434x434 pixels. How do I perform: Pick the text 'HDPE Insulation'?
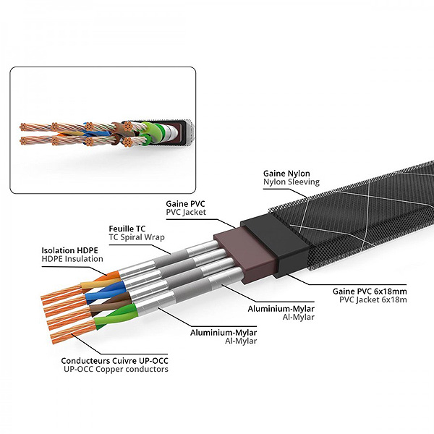pyautogui.click(x=72, y=259)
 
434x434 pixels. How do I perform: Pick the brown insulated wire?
pyautogui.click(x=101, y=303)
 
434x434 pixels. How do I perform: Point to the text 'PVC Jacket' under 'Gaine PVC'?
pyautogui.click(x=186, y=213)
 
